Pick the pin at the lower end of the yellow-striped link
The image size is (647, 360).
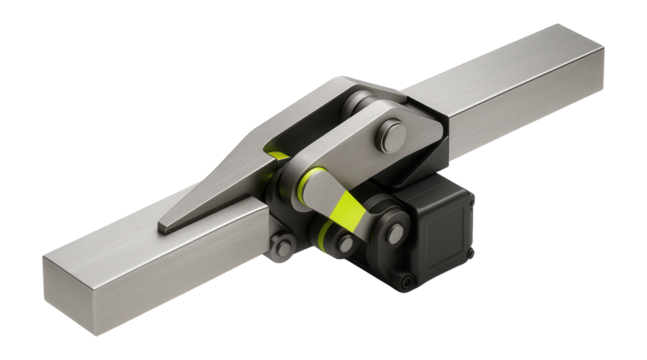[346, 242]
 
